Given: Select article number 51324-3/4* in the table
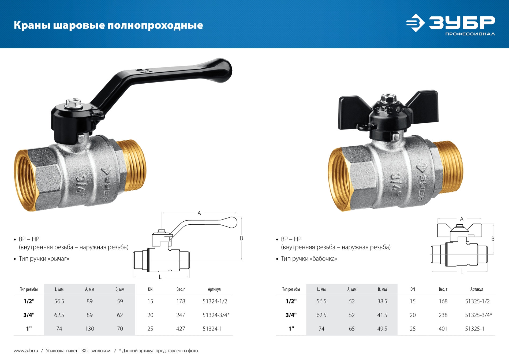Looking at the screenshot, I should [216, 315].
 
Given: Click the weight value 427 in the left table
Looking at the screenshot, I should [181, 329].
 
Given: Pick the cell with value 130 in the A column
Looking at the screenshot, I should [89, 329].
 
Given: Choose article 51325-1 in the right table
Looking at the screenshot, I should [474, 329].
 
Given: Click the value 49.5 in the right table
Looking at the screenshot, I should [382, 329].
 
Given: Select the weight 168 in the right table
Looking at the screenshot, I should [443, 301].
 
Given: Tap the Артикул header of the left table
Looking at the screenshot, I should [214, 289].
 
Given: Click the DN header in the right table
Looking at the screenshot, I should [413, 289].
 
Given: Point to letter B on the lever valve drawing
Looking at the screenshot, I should [241, 238].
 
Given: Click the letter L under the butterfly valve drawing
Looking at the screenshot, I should [462, 272].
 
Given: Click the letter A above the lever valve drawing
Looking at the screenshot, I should [199, 213].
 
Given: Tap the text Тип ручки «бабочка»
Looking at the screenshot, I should [309, 259].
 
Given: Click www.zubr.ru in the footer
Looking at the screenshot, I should [26, 351].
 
